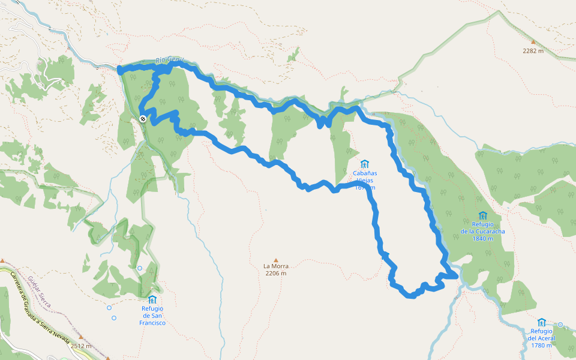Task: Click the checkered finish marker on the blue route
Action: [x=143, y=119]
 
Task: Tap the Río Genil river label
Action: [x=169, y=60]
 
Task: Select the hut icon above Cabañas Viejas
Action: [x=364, y=164]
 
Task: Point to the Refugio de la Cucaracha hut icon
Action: [x=482, y=215]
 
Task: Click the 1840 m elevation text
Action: [x=482, y=238]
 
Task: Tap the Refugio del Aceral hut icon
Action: [x=542, y=322]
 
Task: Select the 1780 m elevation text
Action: [x=541, y=345]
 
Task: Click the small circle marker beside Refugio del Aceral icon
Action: [x=560, y=325]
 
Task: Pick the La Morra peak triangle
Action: [x=276, y=260]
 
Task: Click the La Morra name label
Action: [x=276, y=266]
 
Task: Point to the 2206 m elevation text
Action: [x=276, y=274]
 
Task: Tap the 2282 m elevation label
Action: [x=533, y=51]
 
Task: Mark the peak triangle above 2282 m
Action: [x=532, y=42]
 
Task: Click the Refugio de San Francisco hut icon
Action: [x=152, y=299]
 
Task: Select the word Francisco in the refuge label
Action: [x=152, y=323]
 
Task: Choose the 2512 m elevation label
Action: [x=80, y=346]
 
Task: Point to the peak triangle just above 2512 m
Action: [x=80, y=337]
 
